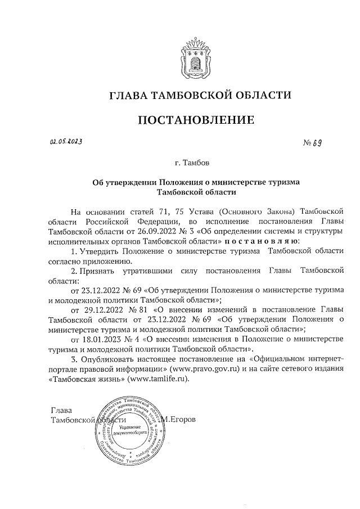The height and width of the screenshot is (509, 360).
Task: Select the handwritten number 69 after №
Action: coord(317,143)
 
